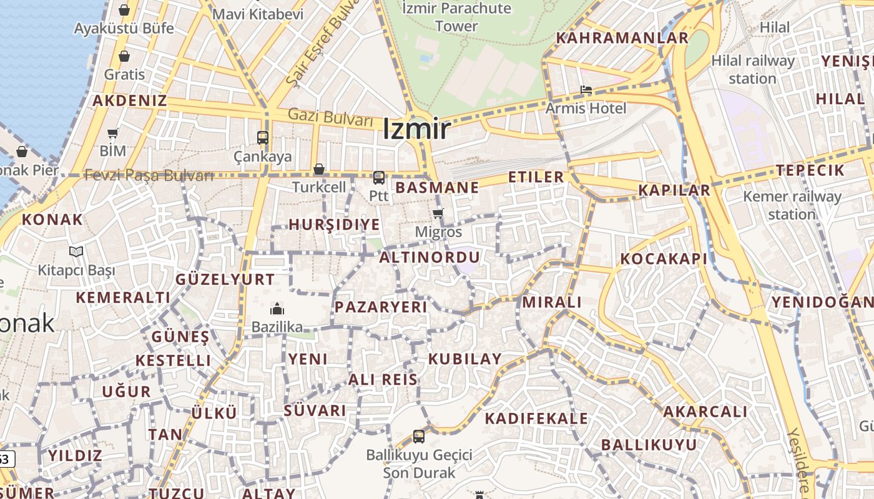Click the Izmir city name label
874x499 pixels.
[416, 129]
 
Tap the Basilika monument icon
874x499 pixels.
[277, 309]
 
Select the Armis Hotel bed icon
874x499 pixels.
[586, 90]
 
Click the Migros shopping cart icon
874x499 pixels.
[438, 214]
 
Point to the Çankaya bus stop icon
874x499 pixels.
[263, 138]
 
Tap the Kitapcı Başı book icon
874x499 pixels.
[76, 251]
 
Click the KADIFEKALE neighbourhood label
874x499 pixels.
[536, 418]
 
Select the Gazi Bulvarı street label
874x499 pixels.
[330, 117]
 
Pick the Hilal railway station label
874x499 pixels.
[762, 69]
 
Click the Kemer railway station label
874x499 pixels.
[792, 205]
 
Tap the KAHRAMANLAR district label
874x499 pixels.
[622, 37]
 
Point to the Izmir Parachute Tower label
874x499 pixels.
[457, 17]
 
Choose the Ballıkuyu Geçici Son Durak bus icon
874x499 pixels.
[419, 436]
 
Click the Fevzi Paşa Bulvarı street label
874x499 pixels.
[149, 175]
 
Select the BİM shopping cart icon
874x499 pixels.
[113, 133]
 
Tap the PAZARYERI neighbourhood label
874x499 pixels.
[381, 307]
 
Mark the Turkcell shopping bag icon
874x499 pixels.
[319, 169]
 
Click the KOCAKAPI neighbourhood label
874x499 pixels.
[664, 259]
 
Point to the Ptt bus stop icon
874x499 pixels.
[378, 178]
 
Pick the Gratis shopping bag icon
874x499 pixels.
[124, 56]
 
